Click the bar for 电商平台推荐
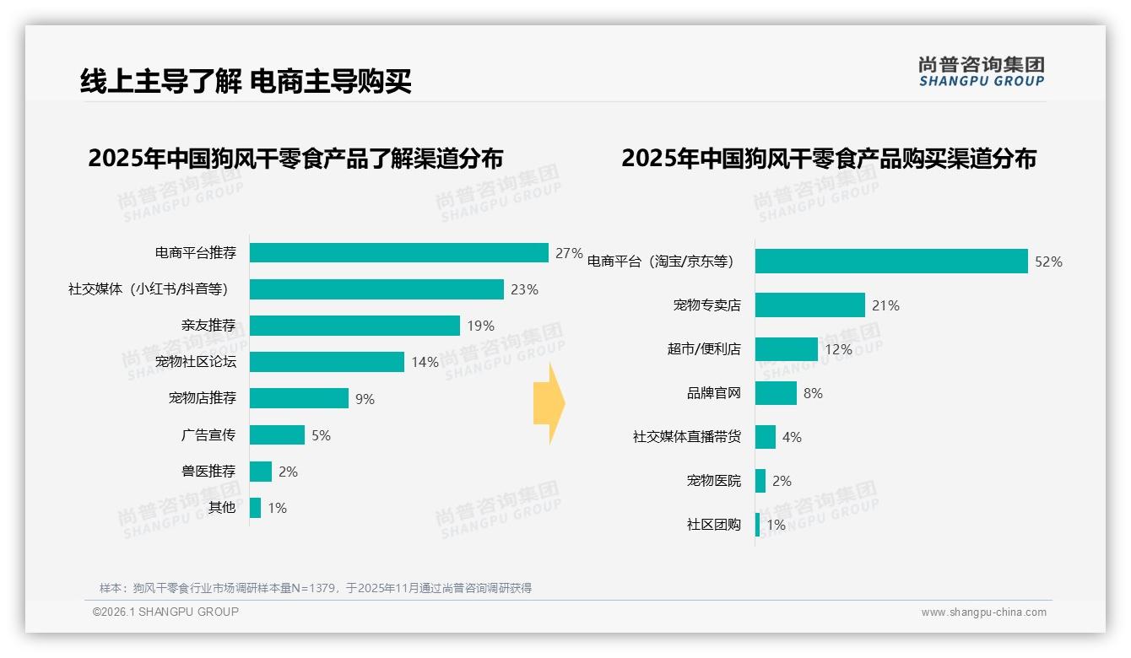[x=398, y=253]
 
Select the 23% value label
[x=524, y=289]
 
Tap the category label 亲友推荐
[x=208, y=326]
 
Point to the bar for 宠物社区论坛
[x=327, y=362]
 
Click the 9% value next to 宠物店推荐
[x=365, y=399]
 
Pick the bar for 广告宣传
[x=277, y=435]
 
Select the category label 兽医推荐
[x=208, y=472]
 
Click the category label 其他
[x=222, y=508]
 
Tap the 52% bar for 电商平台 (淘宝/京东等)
[x=890, y=262]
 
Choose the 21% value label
[x=885, y=305]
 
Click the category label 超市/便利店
[x=704, y=349]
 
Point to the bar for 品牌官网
[x=776, y=393]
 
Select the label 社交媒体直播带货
[x=687, y=437]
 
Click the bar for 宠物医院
[x=760, y=481]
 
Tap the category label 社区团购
[x=714, y=525]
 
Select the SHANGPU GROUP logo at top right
[x=982, y=71]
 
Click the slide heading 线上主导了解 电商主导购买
[x=246, y=82]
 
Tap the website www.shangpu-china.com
[x=983, y=612]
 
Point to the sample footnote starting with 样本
[x=316, y=588]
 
